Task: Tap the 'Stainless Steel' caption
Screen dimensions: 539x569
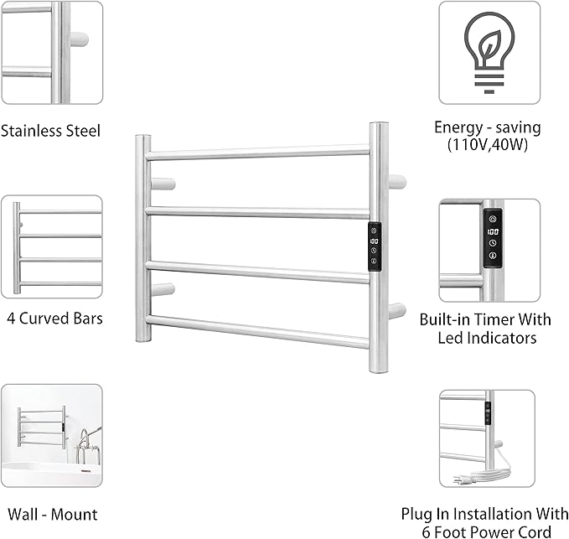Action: click(51, 131)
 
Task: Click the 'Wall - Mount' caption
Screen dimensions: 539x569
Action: click(52, 515)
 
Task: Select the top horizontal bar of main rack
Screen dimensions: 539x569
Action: click(257, 153)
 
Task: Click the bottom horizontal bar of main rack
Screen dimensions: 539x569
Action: click(257, 331)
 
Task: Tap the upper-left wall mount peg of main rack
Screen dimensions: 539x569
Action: click(164, 183)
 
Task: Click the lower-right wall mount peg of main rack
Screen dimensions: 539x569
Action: click(396, 310)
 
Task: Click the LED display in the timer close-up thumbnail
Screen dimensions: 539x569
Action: click(492, 231)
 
